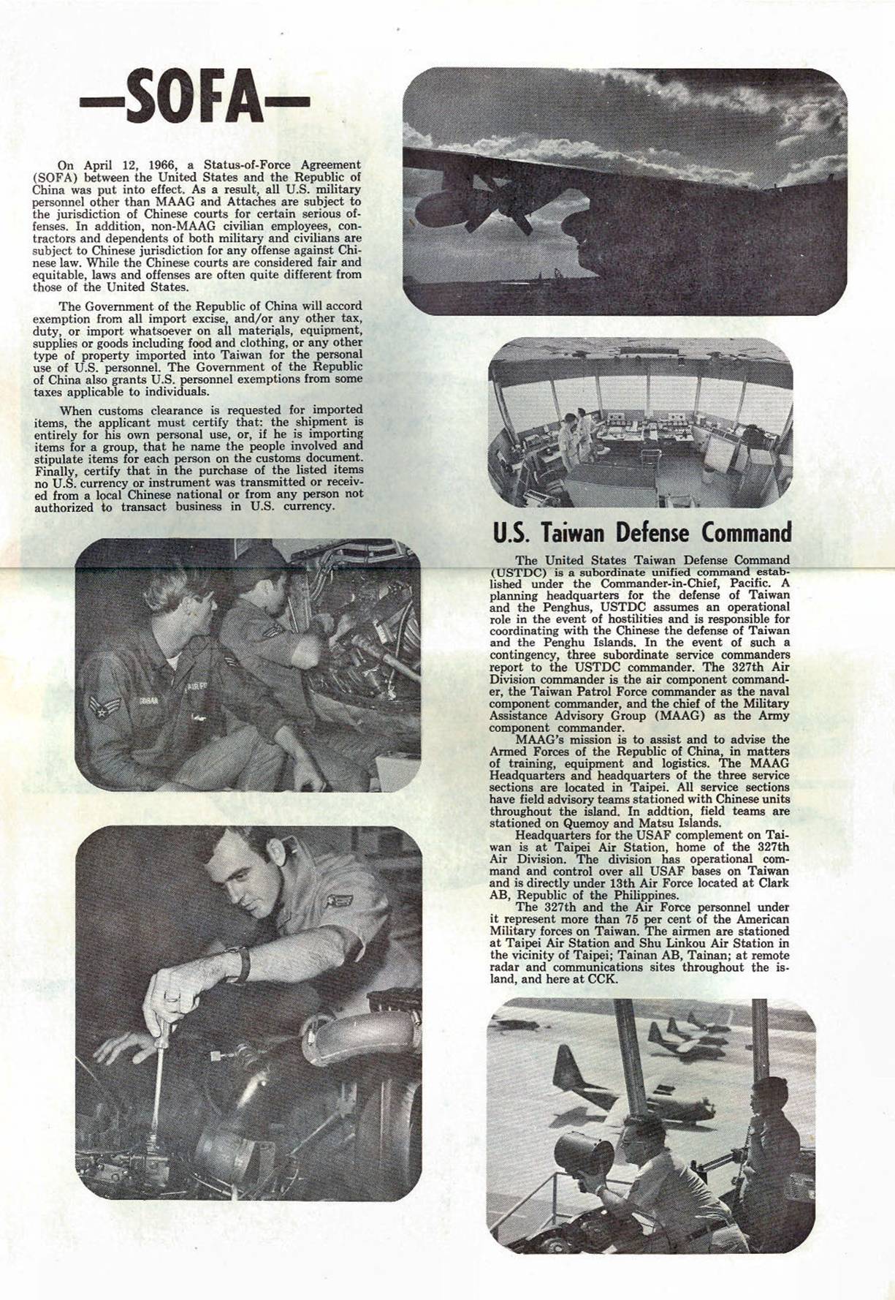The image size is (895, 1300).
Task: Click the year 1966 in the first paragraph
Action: (x=164, y=165)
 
